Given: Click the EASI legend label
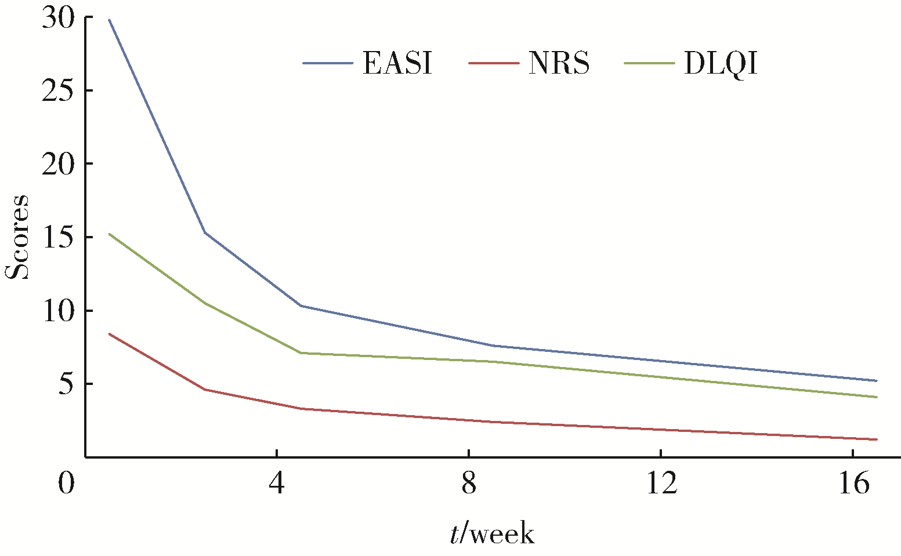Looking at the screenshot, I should coord(397,63).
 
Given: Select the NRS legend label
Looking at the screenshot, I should coord(559,63).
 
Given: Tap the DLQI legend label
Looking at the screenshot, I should coord(721,64).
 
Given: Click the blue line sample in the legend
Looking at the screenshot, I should coord(328,63).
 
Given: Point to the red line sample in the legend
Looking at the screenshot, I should coord(493,63).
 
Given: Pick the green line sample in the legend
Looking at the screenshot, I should coord(650,63).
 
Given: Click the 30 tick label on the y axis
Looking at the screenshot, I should coord(59,19).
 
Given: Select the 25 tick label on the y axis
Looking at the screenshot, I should coord(59,91).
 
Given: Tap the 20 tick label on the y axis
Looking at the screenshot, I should coord(59,164).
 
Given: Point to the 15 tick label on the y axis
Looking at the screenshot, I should coord(59,238).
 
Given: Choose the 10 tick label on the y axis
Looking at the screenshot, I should coord(59,311).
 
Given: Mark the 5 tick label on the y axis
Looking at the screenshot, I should coord(67,384).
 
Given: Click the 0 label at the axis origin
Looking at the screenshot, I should coord(67,483).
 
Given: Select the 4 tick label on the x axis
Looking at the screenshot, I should coord(277,483).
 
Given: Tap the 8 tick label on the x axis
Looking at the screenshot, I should coord(469,483).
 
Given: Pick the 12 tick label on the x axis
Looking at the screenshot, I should coord(661,483).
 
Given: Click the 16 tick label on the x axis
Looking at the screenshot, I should coord(853,483).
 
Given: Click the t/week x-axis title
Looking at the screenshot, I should coord(492,533).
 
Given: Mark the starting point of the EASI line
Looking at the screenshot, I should coord(109,20).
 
